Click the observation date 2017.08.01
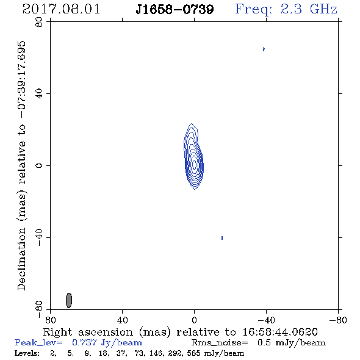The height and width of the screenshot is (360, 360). click(61, 9)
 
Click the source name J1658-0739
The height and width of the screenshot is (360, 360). click(175, 10)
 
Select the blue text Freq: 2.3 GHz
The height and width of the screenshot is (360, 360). click(286, 10)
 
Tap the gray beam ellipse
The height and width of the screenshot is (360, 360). click(69, 300)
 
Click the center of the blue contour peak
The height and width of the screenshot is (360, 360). click(195, 164)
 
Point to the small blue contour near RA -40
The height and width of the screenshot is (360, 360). click(264, 49)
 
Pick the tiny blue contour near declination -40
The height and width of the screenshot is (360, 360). click(221, 238)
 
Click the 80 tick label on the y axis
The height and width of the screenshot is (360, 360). click(39, 22)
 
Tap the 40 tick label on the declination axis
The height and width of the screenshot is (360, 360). click(39, 94)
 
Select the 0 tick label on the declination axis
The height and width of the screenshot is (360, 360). click(39, 165)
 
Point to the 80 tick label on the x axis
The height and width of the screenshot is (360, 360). click(50, 320)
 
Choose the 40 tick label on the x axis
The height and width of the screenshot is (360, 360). click(122, 320)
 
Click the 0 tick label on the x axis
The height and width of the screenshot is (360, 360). click(194, 320)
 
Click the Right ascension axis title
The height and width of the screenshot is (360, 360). click(180, 332)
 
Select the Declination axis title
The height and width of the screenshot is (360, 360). click(21, 166)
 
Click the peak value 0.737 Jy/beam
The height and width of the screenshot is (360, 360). click(107, 343)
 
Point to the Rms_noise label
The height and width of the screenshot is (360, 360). click(220, 343)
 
